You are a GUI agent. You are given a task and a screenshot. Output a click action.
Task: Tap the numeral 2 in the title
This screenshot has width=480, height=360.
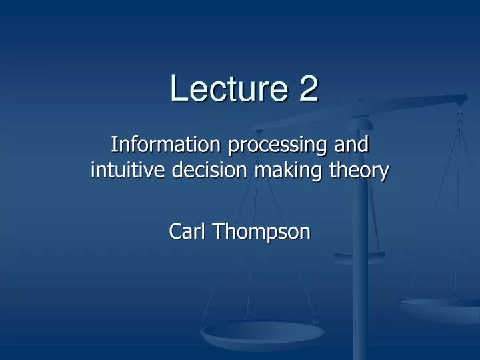click(x=307, y=89)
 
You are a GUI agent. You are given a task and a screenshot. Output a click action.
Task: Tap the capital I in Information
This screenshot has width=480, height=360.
click(x=113, y=143)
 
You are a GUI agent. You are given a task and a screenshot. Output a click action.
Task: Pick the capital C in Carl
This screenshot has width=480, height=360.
click(x=175, y=231)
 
